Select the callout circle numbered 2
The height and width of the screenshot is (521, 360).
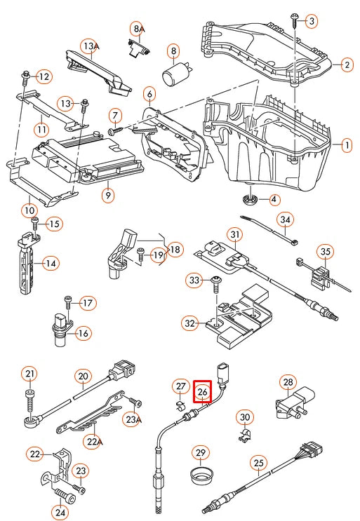tap(347, 65)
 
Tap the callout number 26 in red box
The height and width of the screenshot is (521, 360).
tap(202, 392)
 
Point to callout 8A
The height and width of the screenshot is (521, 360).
tap(138, 29)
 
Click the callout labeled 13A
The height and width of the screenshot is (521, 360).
tap(88, 46)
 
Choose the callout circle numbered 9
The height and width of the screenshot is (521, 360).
tap(107, 196)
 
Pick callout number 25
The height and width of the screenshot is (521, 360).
tap(259, 462)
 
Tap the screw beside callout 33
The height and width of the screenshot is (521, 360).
tap(216, 281)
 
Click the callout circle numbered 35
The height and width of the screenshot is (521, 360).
tap(325, 252)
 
